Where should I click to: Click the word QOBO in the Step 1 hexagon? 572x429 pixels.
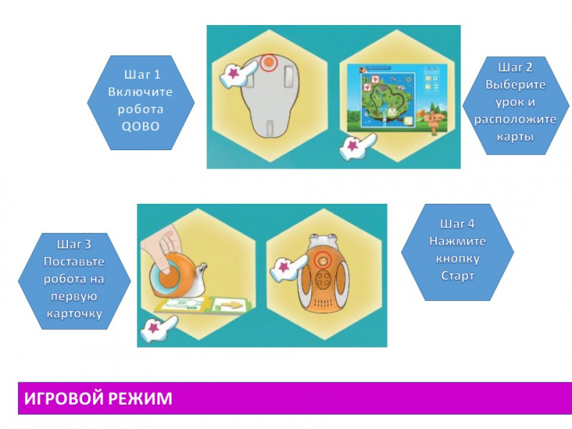tap(140, 127)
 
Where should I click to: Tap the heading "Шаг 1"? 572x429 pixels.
tap(142, 74)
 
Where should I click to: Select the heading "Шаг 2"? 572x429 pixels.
tap(515, 67)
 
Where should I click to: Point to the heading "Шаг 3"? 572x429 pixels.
tap(74, 244)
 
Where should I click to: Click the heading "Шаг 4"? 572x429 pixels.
tap(457, 223)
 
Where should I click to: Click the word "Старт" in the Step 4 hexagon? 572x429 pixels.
tap(458, 275)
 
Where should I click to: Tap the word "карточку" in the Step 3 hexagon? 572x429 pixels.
tap(74, 314)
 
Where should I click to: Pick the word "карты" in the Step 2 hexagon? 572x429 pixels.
tap(515, 137)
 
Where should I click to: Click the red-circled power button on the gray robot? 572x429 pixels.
tap(268, 63)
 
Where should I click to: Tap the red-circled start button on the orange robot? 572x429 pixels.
tap(322, 260)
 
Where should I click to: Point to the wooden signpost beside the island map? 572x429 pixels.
tap(434, 120)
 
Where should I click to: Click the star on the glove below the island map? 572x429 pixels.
tap(352, 146)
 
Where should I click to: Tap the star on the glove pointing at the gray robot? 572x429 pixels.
tap(233, 74)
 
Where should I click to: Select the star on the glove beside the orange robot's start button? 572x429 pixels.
tap(284, 267)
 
